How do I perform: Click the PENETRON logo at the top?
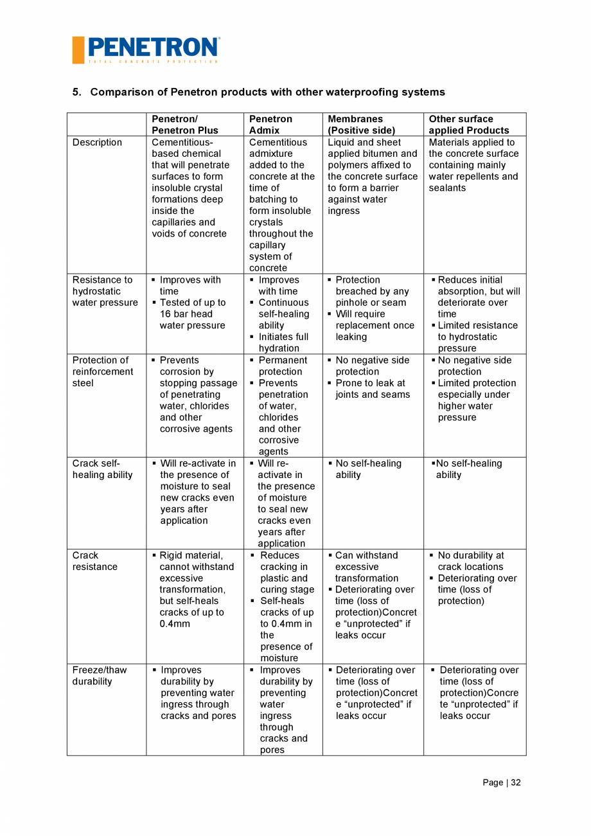pos(146,49)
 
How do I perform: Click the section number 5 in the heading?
pos(76,92)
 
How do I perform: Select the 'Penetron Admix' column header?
pos(270,125)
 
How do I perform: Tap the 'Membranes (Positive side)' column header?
pos(361,125)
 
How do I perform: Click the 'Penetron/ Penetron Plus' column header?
pos(184,125)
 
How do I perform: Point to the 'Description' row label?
pos(97,142)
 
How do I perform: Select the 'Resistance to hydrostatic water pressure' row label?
pos(104,291)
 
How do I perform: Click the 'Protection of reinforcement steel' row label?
pos(103,371)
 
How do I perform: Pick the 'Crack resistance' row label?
pos(94,561)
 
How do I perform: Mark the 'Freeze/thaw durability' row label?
pos(100,675)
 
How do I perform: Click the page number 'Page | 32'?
pos(502,782)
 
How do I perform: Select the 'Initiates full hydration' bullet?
pos(283,342)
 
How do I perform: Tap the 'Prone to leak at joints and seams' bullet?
pos(373,389)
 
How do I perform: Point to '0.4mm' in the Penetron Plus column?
pos(175,624)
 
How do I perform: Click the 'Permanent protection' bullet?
pos(283,366)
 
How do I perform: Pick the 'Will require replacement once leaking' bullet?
pos(375,325)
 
